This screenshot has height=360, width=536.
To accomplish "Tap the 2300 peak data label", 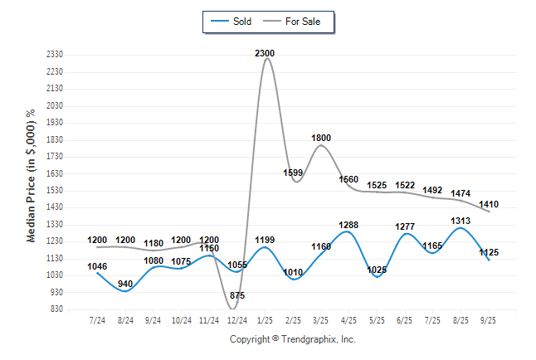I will click(x=265, y=53).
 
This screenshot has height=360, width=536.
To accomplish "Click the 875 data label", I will click(x=236, y=295).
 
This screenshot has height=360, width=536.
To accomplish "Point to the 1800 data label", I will click(x=321, y=138).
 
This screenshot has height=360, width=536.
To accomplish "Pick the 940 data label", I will click(x=125, y=285).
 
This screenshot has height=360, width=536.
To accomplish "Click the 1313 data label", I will click(x=461, y=221).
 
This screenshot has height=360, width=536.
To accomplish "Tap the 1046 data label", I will click(x=98, y=266).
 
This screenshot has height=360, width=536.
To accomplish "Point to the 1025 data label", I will click(x=378, y=270).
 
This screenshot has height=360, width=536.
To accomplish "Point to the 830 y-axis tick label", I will click(x=57, y=309).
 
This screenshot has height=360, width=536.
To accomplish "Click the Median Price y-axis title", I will click(x=32, y=176).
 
